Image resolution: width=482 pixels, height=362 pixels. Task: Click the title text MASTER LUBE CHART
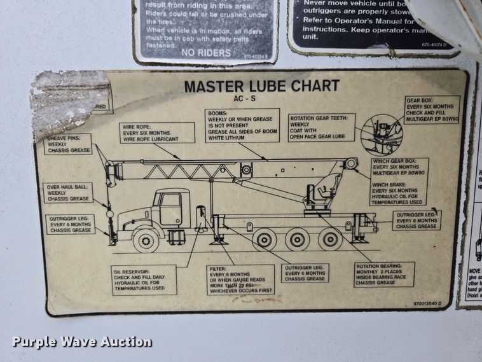(261, 86)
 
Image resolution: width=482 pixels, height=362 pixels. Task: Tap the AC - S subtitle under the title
(261, 99)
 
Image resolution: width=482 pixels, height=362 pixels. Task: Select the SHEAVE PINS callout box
(68, 144)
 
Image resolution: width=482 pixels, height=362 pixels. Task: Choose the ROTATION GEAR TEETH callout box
(321, 127)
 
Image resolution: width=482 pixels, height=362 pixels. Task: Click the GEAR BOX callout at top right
(432, 110)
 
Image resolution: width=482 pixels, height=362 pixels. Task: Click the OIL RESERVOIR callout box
(144, 279)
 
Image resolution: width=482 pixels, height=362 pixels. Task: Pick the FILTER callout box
(241, 279)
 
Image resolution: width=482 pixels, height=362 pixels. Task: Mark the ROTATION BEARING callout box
(384, 274)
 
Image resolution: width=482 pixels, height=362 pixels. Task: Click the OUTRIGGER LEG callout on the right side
(416, 219)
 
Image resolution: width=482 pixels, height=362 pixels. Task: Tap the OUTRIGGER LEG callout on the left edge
(70, 224)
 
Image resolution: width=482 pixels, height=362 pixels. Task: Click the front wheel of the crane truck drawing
(146, 240)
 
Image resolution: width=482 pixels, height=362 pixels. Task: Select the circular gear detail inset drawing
(382, 134)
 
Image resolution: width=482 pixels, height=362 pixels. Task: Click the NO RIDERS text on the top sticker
(205, 53)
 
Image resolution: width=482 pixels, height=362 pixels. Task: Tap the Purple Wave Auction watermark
(82, 342)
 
